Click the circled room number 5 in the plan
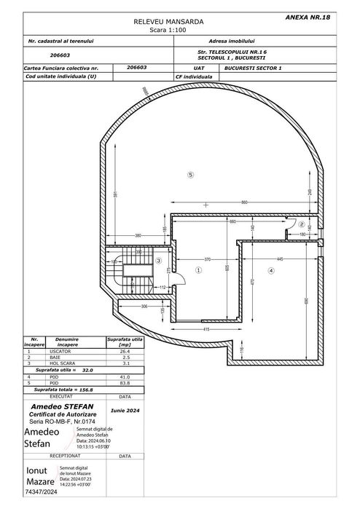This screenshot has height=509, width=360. [190, 175]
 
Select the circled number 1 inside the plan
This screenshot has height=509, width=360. [197, 269]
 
